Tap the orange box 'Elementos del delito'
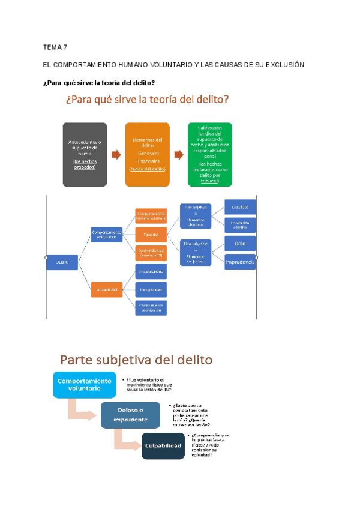click(147, 146)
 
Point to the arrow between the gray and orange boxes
click(116, 154)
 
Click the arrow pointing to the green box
click(178, 154)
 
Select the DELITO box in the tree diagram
click(62, 262)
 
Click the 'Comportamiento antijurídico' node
click(107, 235)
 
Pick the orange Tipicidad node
click(151, 235)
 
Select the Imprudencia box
click(240, 262)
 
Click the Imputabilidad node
click(151, 271)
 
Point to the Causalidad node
click(240, 207)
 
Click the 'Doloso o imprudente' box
click(130, 414)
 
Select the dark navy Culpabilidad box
click(163, 445)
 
